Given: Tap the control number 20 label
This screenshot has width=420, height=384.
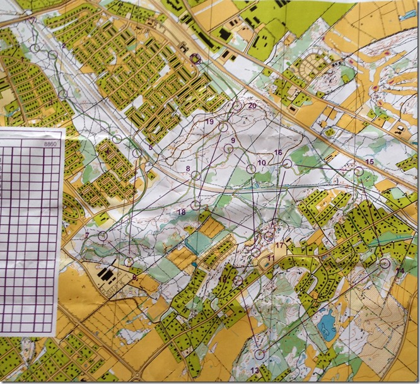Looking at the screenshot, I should (x=252, y=106).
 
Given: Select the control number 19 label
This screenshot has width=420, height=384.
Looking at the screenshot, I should (x=210, y=121).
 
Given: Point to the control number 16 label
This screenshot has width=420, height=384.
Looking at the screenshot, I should (x=278, y=153).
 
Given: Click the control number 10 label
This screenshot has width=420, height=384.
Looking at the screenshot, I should (x=261, y=162).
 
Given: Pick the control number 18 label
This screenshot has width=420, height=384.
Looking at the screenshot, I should (x=181, y=212).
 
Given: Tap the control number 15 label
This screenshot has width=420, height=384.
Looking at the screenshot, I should (x=370, y=162).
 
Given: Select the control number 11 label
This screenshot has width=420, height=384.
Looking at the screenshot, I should (x=270, y=259).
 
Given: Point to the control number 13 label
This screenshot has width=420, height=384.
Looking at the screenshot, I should (x=255, y=370).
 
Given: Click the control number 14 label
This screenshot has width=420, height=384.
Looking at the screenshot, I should (x=399, y=271).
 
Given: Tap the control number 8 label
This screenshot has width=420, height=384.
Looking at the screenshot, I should (x=187, y=169).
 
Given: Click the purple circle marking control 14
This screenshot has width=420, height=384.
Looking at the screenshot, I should (x=385, y=264).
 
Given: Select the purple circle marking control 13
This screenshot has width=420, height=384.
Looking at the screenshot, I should (x=260, y=354).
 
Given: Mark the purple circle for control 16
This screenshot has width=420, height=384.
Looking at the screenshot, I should (x=288, y=163).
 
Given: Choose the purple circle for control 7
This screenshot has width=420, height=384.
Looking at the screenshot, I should (x=103, y=236).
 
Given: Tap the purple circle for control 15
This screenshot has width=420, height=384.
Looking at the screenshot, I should (x=359, y=171).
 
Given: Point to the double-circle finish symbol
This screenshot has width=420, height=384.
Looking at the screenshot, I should (x=194, y=58).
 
